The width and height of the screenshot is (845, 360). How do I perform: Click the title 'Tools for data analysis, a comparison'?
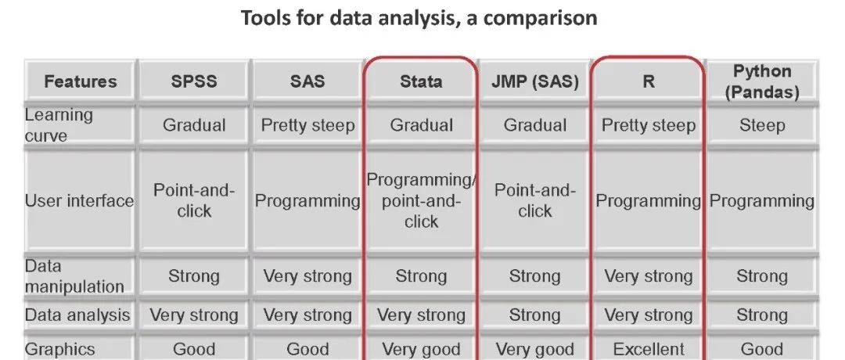click(x=419, y=18)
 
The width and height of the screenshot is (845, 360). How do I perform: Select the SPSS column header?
click(x=194, y=81)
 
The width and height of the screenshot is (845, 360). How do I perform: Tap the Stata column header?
click(x=421, y=81)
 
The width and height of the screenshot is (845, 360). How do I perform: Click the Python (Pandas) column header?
click(x=761, y=81)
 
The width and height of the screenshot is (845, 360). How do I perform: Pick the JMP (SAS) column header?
click(x=535, y=81)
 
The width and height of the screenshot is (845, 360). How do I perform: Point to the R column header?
click(x=648, y=81)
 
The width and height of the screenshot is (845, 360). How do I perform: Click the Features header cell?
click(x=80, y=81)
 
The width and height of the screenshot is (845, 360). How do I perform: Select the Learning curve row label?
click(x=59, y=125)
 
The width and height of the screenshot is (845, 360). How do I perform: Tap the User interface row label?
click(x=79, y=201)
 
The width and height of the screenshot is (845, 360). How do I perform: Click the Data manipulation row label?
click(x=74, y=276)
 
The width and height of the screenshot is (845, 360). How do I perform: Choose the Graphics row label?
click(x=60, y=349)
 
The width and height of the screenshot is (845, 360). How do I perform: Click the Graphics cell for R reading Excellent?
click(x=648, y=349)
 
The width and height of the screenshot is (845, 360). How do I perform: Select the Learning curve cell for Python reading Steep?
click(x=761, y=125)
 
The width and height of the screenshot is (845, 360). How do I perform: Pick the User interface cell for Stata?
click(x=421, y=200)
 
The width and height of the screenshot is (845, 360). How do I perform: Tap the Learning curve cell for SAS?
click(x=307, y=125)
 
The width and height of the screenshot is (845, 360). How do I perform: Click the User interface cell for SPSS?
click(x=194, y=200)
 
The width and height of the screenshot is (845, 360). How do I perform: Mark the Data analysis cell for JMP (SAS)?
click(x=535, y=315)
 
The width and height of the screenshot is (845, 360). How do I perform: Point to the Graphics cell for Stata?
click(x=421, y=349)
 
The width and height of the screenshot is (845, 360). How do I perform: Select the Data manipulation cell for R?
click(x=648, y=276)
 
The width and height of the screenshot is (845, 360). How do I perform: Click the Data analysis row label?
click(x=77, y=315)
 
